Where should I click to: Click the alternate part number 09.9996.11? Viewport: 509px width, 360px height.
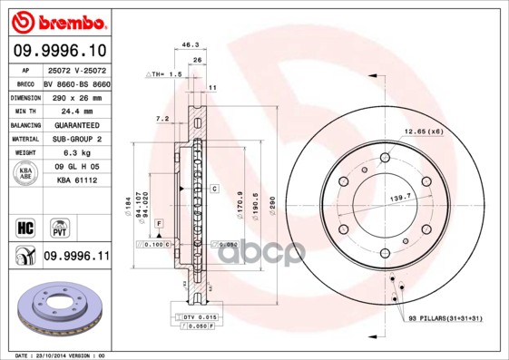76,257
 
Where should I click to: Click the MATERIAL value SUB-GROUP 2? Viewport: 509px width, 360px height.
75,139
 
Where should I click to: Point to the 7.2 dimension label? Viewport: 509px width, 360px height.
162,119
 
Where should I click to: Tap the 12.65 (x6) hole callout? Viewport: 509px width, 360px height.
422,132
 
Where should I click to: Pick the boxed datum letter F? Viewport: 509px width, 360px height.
157,222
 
